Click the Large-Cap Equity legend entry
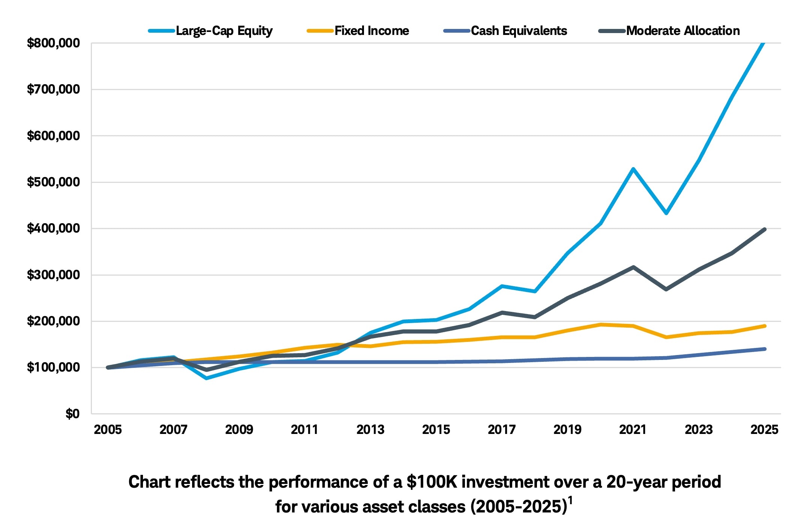tap(224, 31)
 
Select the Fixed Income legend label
tap(371, 31)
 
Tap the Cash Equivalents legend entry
tap(519, 31)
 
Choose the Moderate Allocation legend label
tap(683, 31)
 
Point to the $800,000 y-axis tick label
tap(53, 43)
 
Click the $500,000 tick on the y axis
tap(53, 182)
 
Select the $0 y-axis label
tap(72, 414)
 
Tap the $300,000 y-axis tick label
tap(53, 275)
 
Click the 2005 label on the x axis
tap(108, 430)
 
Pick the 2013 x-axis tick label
tap(370, 430)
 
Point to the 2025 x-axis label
tap(764, 430)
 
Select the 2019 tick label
tap(567, 430)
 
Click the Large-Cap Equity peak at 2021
tap(633, 169)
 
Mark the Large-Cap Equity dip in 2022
tap(666, 213)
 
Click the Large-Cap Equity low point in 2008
tap(206, 378)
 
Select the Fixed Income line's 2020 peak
tap(600, 325)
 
